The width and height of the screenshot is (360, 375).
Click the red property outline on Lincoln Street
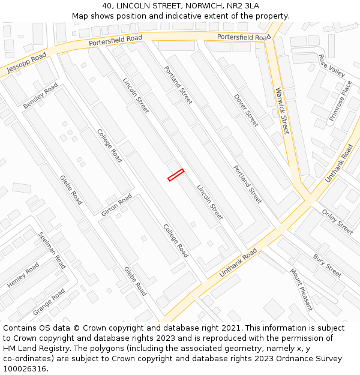175,175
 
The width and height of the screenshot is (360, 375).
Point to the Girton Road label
116,205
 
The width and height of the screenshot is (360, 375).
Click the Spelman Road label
52,250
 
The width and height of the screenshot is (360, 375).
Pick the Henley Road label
23,275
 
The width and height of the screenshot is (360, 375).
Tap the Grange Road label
49,302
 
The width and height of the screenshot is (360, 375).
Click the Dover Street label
246,110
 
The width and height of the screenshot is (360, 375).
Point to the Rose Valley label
332,65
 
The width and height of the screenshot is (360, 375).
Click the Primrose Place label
340,101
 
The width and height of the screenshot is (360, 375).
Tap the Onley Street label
337,221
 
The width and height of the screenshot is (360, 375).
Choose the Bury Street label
327,265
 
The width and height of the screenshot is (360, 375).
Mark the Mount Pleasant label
301,289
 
